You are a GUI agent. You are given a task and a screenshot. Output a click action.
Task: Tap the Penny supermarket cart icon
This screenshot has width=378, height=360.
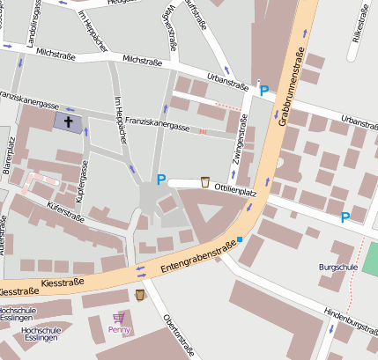[119, 317]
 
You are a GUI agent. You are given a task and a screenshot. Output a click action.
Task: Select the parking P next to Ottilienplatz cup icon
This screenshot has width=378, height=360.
[160, 180]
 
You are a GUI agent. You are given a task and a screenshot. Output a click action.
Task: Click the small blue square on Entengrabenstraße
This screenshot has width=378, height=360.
[239, 239]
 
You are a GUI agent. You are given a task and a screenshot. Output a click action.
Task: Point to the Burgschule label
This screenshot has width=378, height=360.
[337, 265]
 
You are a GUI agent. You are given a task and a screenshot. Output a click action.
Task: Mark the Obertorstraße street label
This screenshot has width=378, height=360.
[179, 334]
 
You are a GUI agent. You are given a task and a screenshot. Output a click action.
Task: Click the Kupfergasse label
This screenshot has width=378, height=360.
[83, 179]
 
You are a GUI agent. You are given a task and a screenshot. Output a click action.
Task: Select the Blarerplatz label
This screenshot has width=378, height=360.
[11, 157]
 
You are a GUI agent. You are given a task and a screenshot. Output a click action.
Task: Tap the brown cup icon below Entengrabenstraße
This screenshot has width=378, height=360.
[139, 294]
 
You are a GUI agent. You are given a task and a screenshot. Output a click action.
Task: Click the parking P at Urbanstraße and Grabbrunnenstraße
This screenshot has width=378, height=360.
[264, 91]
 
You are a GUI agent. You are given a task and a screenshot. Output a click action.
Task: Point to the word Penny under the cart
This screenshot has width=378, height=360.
[119, 330]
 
